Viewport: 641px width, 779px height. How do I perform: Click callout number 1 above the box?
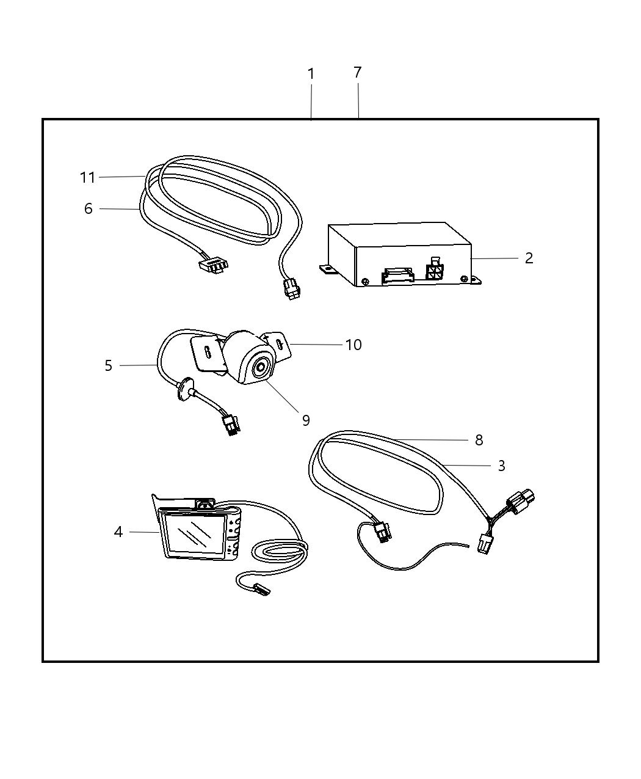coord(311,74)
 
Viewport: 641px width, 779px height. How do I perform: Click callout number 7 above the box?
coord(358,73)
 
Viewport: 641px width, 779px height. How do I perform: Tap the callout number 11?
coord(88,178)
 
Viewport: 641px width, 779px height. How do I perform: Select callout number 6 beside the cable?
coord(89,209)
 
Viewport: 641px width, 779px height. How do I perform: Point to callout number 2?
coord(529,258)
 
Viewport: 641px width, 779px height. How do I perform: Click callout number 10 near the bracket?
coord(353,345)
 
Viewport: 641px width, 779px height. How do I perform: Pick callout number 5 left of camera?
coord(109,366)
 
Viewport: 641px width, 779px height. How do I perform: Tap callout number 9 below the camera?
coord(306,420)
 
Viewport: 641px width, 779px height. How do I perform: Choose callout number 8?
coord(479,440)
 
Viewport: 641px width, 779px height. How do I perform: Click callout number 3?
coord(501,466)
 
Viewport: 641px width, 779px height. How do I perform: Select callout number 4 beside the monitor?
coord(118,532)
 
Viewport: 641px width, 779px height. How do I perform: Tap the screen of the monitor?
coord(192,533)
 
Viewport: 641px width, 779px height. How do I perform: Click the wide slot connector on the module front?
coord(397,277)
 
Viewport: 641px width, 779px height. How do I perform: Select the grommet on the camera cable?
coord(184,390)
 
